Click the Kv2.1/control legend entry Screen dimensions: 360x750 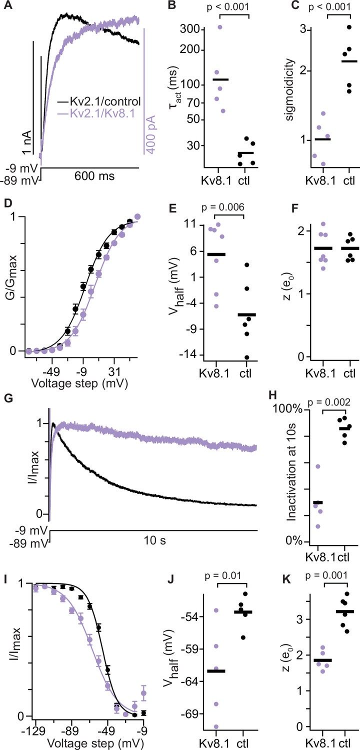click(99, 101)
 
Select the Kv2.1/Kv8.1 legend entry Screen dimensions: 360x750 click(96, 113)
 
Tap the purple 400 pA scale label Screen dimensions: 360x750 click(151, 134)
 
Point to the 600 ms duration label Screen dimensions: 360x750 click(94, 176)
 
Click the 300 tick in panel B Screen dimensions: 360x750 click(190, 29)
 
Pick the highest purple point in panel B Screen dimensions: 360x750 click(220, 27)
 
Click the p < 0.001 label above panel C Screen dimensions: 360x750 click(329, 6)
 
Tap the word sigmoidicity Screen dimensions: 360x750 click(289, 89)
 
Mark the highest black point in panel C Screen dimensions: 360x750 click(349, 27)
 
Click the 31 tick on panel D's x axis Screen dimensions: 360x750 click(114, 372)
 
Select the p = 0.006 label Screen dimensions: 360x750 click(223, 207)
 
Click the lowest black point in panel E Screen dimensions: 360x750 click(247, 357)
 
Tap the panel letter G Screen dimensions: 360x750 click(7, 398)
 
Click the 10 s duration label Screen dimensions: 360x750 click(154, 540)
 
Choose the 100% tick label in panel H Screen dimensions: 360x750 click(288, 409)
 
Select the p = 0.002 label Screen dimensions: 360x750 click(329, 402)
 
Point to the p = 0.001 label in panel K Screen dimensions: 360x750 click(326, 575)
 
